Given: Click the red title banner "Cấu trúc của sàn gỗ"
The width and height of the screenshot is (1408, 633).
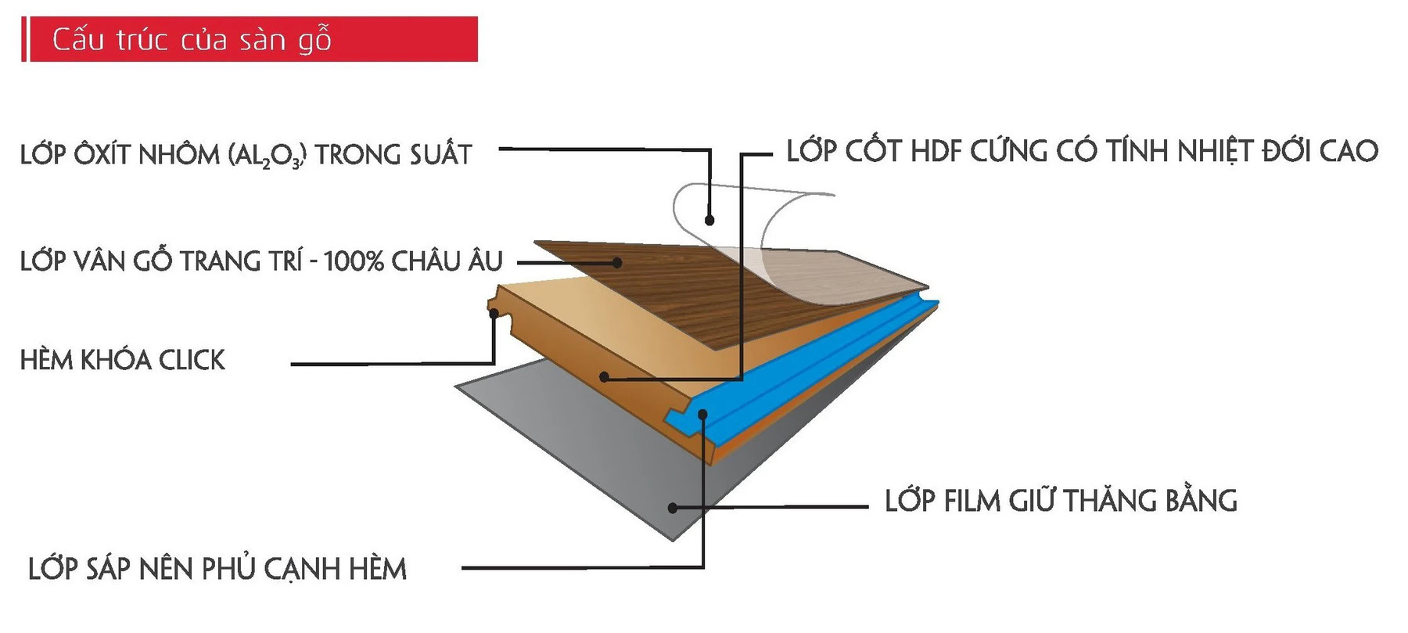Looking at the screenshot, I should [250, 39].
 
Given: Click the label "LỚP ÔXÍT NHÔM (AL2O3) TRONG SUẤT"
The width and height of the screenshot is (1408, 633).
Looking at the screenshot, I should [246, 154].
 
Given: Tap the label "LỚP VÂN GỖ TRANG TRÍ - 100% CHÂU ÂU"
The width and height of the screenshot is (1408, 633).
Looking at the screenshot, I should [261, 261].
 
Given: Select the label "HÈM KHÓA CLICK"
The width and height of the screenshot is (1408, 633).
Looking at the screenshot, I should [123, 360].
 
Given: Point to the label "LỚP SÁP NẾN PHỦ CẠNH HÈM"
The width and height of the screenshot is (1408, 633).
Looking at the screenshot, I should [217, 569].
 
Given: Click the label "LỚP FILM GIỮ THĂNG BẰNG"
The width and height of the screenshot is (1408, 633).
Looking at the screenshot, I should [1061, 501].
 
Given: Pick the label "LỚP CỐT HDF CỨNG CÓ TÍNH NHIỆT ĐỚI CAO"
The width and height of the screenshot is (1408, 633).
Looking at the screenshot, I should [1082, 151].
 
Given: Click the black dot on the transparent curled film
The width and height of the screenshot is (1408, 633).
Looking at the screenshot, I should [709, 220].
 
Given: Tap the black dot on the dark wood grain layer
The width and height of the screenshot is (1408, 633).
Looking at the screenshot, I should [617, 263].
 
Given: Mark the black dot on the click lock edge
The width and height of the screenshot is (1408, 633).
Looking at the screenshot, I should [494, 314].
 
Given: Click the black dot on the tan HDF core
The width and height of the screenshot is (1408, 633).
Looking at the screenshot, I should [604, 377].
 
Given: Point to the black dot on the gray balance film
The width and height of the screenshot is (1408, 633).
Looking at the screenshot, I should [673, 507].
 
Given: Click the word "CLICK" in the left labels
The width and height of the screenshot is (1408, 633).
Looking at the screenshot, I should [192, 360].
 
